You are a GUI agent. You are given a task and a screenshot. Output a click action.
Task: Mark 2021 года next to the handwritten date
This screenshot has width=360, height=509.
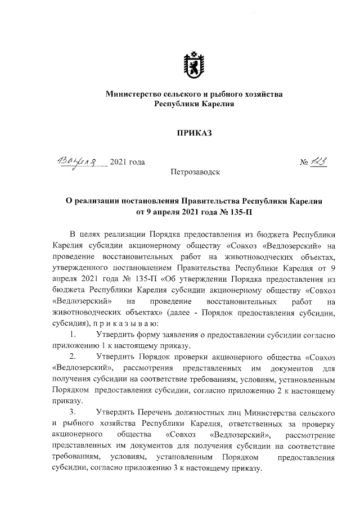pyautogui.click(x=128, y=163)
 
